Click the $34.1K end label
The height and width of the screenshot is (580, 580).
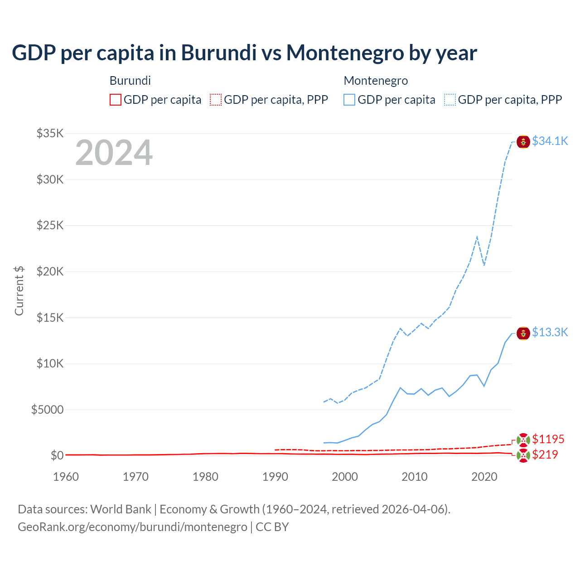pos(550,141)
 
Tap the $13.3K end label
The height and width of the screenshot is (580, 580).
pos(550,332)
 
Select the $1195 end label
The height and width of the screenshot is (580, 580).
pos(548,439)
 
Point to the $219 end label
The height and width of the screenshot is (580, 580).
pos(545,454)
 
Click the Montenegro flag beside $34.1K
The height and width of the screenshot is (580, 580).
pos(523,142)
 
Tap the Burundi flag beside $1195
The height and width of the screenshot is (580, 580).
pos(523,440)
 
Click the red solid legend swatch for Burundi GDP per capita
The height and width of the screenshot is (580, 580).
pos(116,100)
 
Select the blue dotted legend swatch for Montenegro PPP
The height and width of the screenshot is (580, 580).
pos(450,100)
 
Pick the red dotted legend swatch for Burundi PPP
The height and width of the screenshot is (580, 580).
pos(216,100)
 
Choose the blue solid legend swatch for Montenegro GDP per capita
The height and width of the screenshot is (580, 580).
pos(349,100)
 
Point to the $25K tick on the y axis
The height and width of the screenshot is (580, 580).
pos(50,225)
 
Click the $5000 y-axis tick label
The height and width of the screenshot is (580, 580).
pos(47,410)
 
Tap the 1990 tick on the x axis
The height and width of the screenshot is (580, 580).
pos(275,477)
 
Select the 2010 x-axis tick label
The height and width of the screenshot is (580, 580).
pos(415,477)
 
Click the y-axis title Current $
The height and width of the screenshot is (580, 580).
pos(19,290)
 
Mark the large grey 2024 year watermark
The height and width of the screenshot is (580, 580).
pos(114,153)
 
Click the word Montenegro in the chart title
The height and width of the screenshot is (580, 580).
pos(345,53)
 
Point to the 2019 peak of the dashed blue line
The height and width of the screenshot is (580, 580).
pos(477,237)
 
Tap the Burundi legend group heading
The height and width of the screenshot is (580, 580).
pos(130,81)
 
